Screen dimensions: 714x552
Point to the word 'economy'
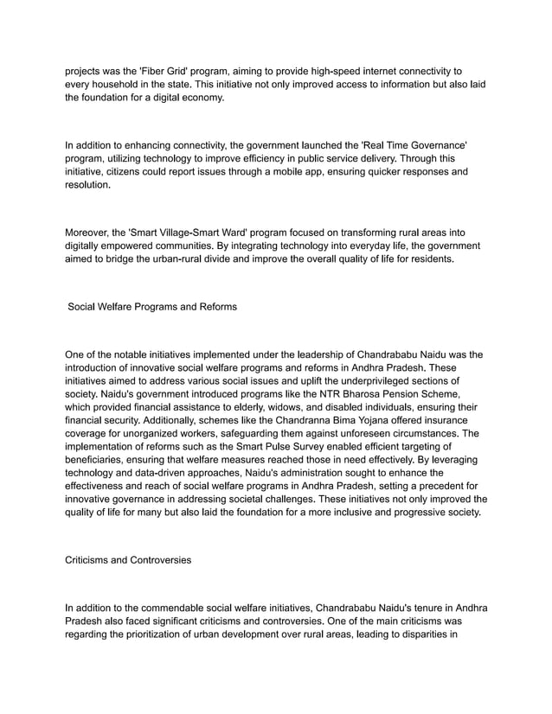(200, 98)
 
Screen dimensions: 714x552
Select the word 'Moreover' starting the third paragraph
(90, 231)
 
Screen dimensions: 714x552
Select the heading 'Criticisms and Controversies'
(129, 559)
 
